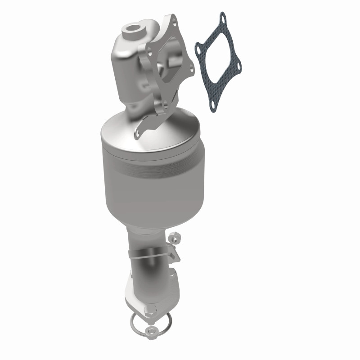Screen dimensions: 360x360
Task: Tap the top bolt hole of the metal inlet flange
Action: pyautogui.click(x=173, y=18)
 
